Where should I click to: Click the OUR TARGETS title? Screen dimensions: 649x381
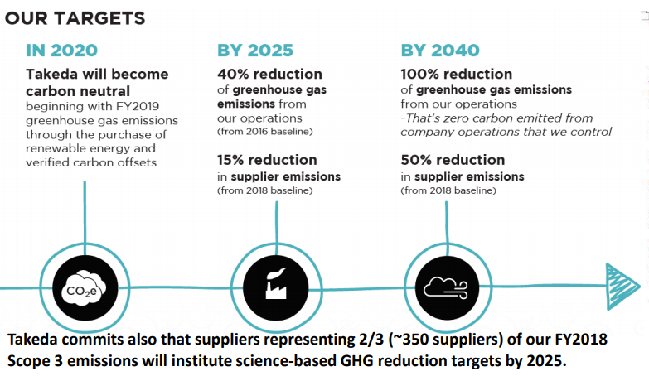point(75,18)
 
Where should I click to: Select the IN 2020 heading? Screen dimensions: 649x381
point(61,51)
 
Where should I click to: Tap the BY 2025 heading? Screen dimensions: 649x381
point(255,51)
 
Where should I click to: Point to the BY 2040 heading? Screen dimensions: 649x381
point(440,51)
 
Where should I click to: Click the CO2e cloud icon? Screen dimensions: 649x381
point(85,288)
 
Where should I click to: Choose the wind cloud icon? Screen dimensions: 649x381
point(447,287)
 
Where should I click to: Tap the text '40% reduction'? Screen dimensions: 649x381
point(269,74)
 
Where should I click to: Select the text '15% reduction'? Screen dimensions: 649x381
point(267,160)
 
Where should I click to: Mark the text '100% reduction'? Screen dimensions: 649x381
point(456,74)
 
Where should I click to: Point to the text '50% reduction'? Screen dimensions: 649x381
point(453,160)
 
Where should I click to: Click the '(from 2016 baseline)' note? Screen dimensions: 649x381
point(265,132)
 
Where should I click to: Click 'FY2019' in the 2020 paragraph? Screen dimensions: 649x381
point(138,106)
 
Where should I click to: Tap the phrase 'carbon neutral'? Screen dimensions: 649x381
point(78,91)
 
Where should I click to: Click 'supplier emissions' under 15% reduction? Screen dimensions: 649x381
point(286,176)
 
